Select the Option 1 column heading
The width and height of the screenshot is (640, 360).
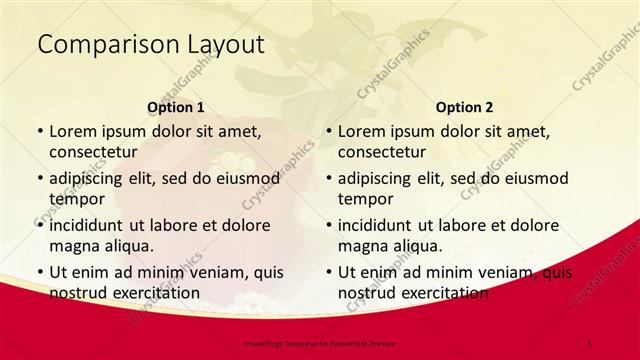(x=176, y=107)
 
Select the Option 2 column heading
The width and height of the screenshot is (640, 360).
(x=465, y=107)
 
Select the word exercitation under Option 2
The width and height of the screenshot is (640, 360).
(x=442, y=293)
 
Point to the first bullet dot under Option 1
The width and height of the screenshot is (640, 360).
(x=39, y=132)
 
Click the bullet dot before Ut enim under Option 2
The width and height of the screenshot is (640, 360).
(x=328, y=273)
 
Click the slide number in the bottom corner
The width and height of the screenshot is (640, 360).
(x=590, y=343)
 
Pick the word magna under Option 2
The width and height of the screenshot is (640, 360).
(x=362, y=246)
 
